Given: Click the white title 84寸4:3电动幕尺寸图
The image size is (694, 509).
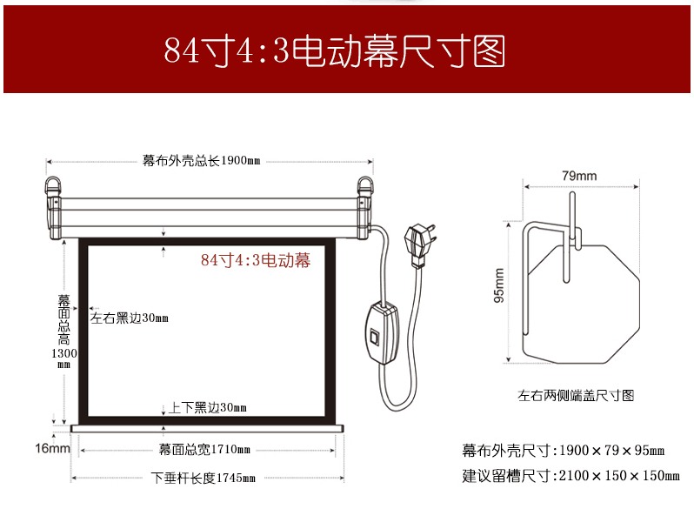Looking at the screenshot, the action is pos(335,51).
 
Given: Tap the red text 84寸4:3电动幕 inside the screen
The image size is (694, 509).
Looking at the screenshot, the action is pos(256,260).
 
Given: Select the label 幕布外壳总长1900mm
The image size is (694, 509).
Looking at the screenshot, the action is pos(202,160).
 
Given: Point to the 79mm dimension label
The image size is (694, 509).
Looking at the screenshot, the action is pos(579,176).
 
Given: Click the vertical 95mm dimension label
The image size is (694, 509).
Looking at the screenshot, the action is pos(499,285).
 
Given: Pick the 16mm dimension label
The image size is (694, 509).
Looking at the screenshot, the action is pos(53,448).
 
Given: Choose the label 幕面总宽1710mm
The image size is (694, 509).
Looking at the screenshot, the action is pos(204,450).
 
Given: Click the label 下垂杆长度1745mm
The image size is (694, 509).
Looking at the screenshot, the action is pos(204,478).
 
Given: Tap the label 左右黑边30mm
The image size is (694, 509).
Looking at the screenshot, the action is pos(130,318).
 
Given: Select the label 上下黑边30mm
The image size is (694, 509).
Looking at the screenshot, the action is pos(208,407).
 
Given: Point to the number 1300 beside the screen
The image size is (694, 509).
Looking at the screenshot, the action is pos(64,353).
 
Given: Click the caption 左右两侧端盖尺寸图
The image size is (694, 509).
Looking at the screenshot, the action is pos(576,395).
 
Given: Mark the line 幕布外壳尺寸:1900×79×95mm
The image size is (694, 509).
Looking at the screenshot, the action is pos(563,451).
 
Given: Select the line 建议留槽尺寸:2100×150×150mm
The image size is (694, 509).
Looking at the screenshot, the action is pos(571,476).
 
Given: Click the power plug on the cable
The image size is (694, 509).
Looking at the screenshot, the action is pos(419,245).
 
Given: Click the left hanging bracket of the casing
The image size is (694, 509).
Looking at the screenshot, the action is pos(54,207).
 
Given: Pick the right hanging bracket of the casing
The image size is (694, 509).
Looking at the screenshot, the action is pos(365,207).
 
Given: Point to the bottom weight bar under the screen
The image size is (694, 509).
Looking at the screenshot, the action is pos(207,428).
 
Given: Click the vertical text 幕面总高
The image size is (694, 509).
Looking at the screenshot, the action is pos(64,320).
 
